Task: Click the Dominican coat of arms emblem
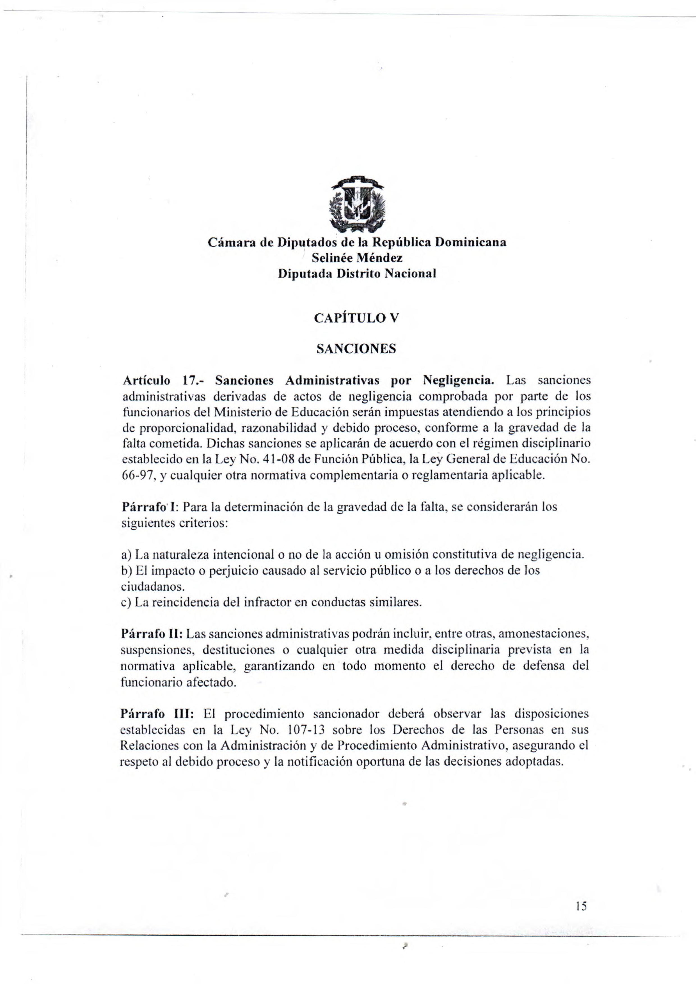[357, 205]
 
